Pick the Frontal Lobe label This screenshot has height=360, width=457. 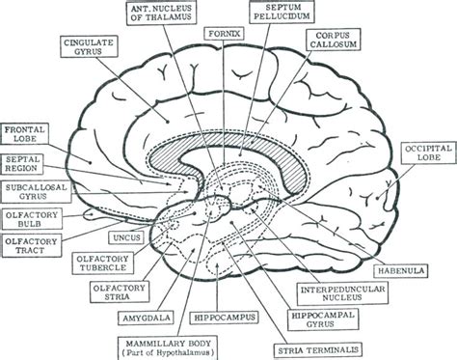(x=26, y=135)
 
